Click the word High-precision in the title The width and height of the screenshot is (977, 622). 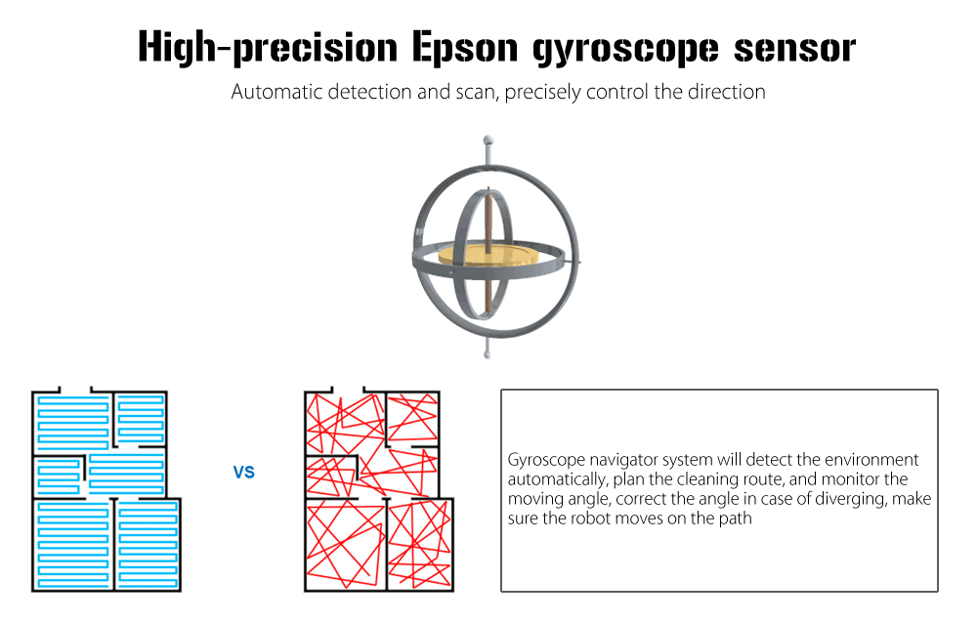268,47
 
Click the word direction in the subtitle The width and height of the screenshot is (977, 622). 727,92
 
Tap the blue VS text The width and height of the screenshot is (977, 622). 244,472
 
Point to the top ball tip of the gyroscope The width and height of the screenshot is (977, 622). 488,140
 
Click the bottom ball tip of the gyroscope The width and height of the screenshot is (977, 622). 488,354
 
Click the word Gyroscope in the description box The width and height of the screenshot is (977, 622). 546,460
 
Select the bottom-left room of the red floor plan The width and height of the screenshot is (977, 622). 345,545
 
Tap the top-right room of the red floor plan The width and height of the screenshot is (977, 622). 412,418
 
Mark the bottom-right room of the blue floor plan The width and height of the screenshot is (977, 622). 148,545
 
